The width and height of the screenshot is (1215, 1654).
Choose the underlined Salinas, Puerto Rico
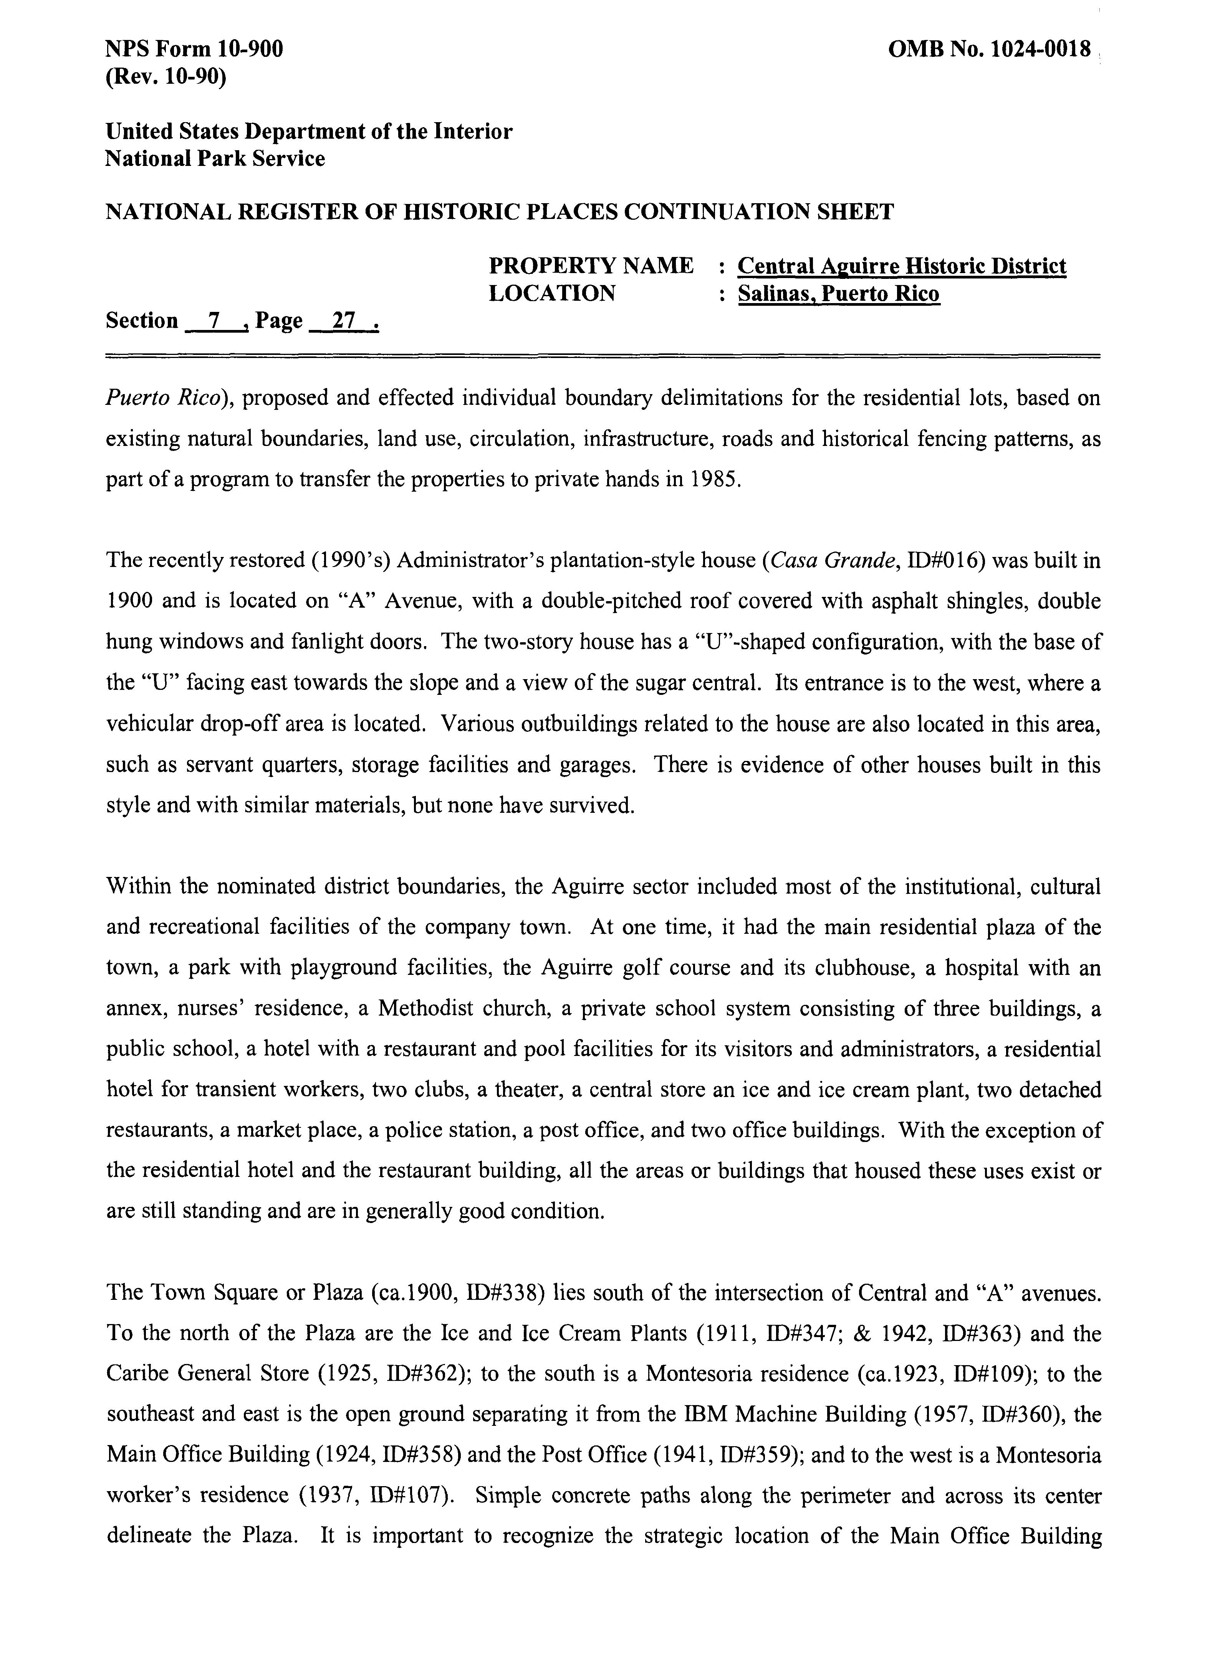838,293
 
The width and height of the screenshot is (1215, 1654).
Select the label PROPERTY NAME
591,265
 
